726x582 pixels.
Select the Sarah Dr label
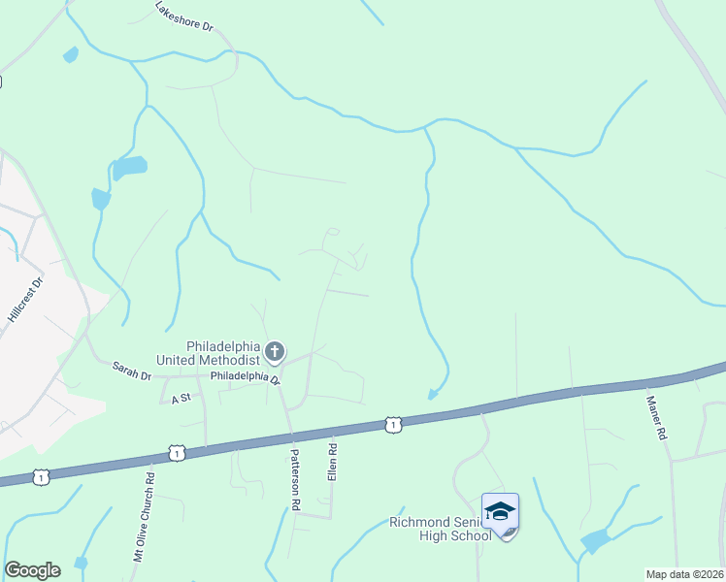tap(132, 370)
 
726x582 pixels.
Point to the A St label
tap(180, 398)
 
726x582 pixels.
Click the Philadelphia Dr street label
tap(245, 376)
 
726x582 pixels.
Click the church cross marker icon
tap(275, 351)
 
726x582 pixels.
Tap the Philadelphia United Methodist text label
tap(222, 353)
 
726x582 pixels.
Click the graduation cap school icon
tap(500, 510)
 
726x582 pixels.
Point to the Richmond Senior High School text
tap(441, 529)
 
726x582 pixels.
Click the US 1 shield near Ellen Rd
tap(392, 424)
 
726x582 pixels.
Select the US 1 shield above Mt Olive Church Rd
tap(176, 452)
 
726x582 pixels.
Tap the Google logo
tap(32, 570)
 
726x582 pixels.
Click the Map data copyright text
tap(684, 574)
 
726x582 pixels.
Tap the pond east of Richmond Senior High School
tap(594, 540)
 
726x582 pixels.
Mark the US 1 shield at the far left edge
tap(40, 476)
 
